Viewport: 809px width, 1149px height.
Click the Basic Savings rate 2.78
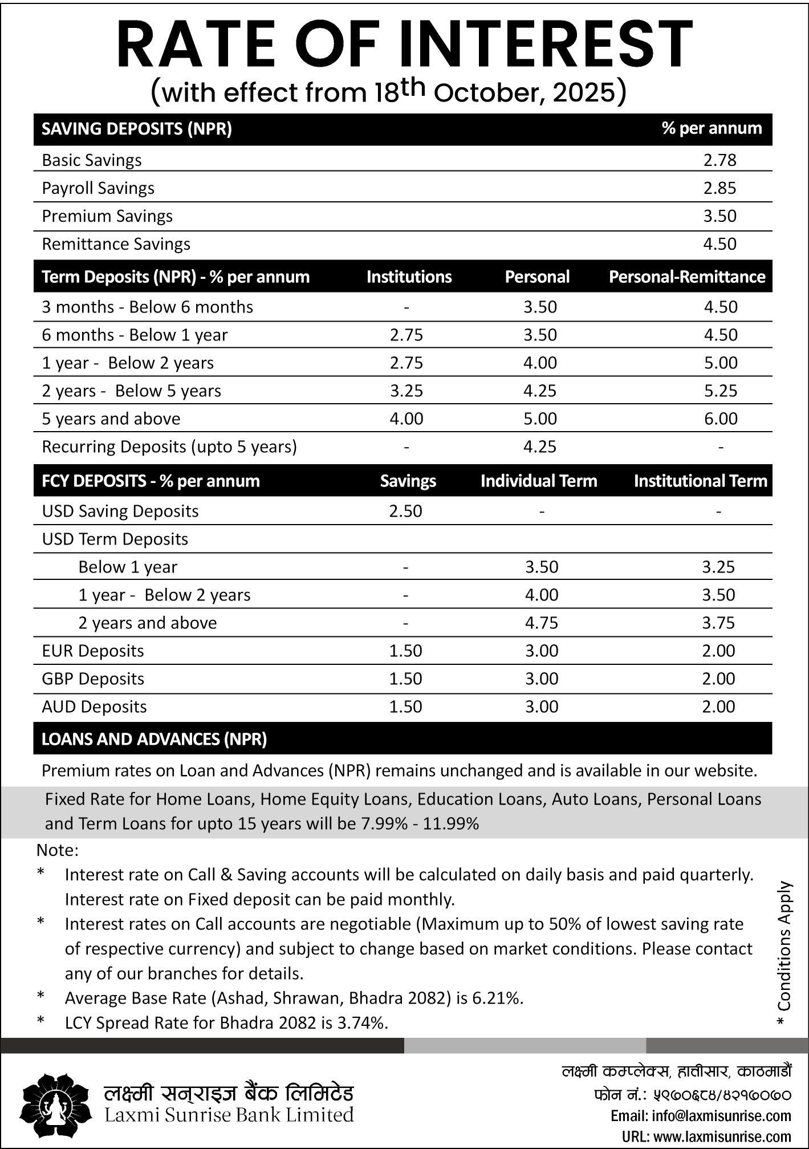[x=719, y=160]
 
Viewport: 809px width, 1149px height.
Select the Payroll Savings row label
[x=98, y=188]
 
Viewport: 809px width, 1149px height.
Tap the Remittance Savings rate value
[x=719, y=244]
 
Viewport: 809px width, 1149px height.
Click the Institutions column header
[x=409, y=277]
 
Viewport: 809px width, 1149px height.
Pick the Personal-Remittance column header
[x=687, y=277]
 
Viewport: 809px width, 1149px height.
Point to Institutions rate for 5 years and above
[x=406, y=419]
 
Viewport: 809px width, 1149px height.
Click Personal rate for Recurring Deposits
[x=540, y=447]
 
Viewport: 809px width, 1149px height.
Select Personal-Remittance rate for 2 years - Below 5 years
[x=720, y=391]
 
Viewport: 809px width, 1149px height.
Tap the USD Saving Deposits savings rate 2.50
[x=405, y=511]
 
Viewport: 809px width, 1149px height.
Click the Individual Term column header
[x=539, y=481]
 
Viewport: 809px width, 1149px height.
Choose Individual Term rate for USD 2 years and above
[x=541, y=623]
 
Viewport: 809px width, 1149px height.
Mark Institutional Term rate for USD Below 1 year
[x=718, y=567]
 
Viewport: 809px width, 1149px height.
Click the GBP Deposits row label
[x=93, y=679]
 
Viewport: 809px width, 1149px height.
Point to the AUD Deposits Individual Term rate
[x=541, y=707]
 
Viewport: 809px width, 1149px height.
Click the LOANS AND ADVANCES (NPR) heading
[x=154, y=740]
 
